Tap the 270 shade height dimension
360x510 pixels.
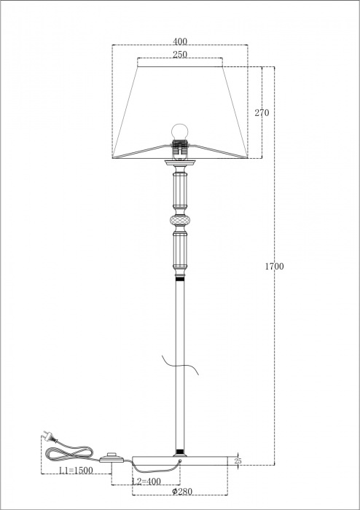(262, 113)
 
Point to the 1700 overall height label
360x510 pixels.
(274, 266)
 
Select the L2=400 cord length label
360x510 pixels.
(146, 482)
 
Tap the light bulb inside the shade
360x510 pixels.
(179, 130)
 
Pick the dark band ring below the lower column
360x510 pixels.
(179, 278)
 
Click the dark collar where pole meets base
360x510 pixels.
(179, 452)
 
